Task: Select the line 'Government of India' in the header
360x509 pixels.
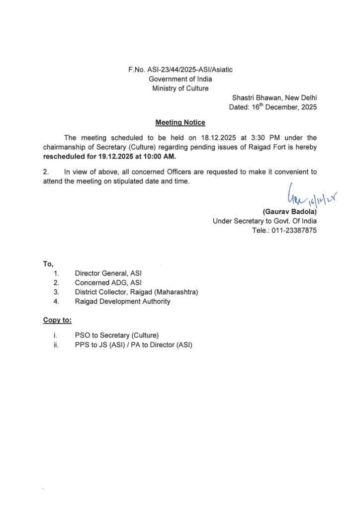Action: click(180, 79)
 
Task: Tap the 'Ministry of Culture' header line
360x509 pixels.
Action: click(180, 88)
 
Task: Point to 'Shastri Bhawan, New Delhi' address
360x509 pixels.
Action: click(274, 98)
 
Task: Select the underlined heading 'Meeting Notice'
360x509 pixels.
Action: click(180, 122)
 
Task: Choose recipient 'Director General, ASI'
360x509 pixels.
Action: click(111, 273)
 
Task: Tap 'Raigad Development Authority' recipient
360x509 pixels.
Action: click(122, 301)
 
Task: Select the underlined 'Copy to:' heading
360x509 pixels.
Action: click(57, 321)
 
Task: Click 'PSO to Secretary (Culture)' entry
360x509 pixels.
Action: click(117, 336)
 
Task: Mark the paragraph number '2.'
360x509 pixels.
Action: click(46, 172)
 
